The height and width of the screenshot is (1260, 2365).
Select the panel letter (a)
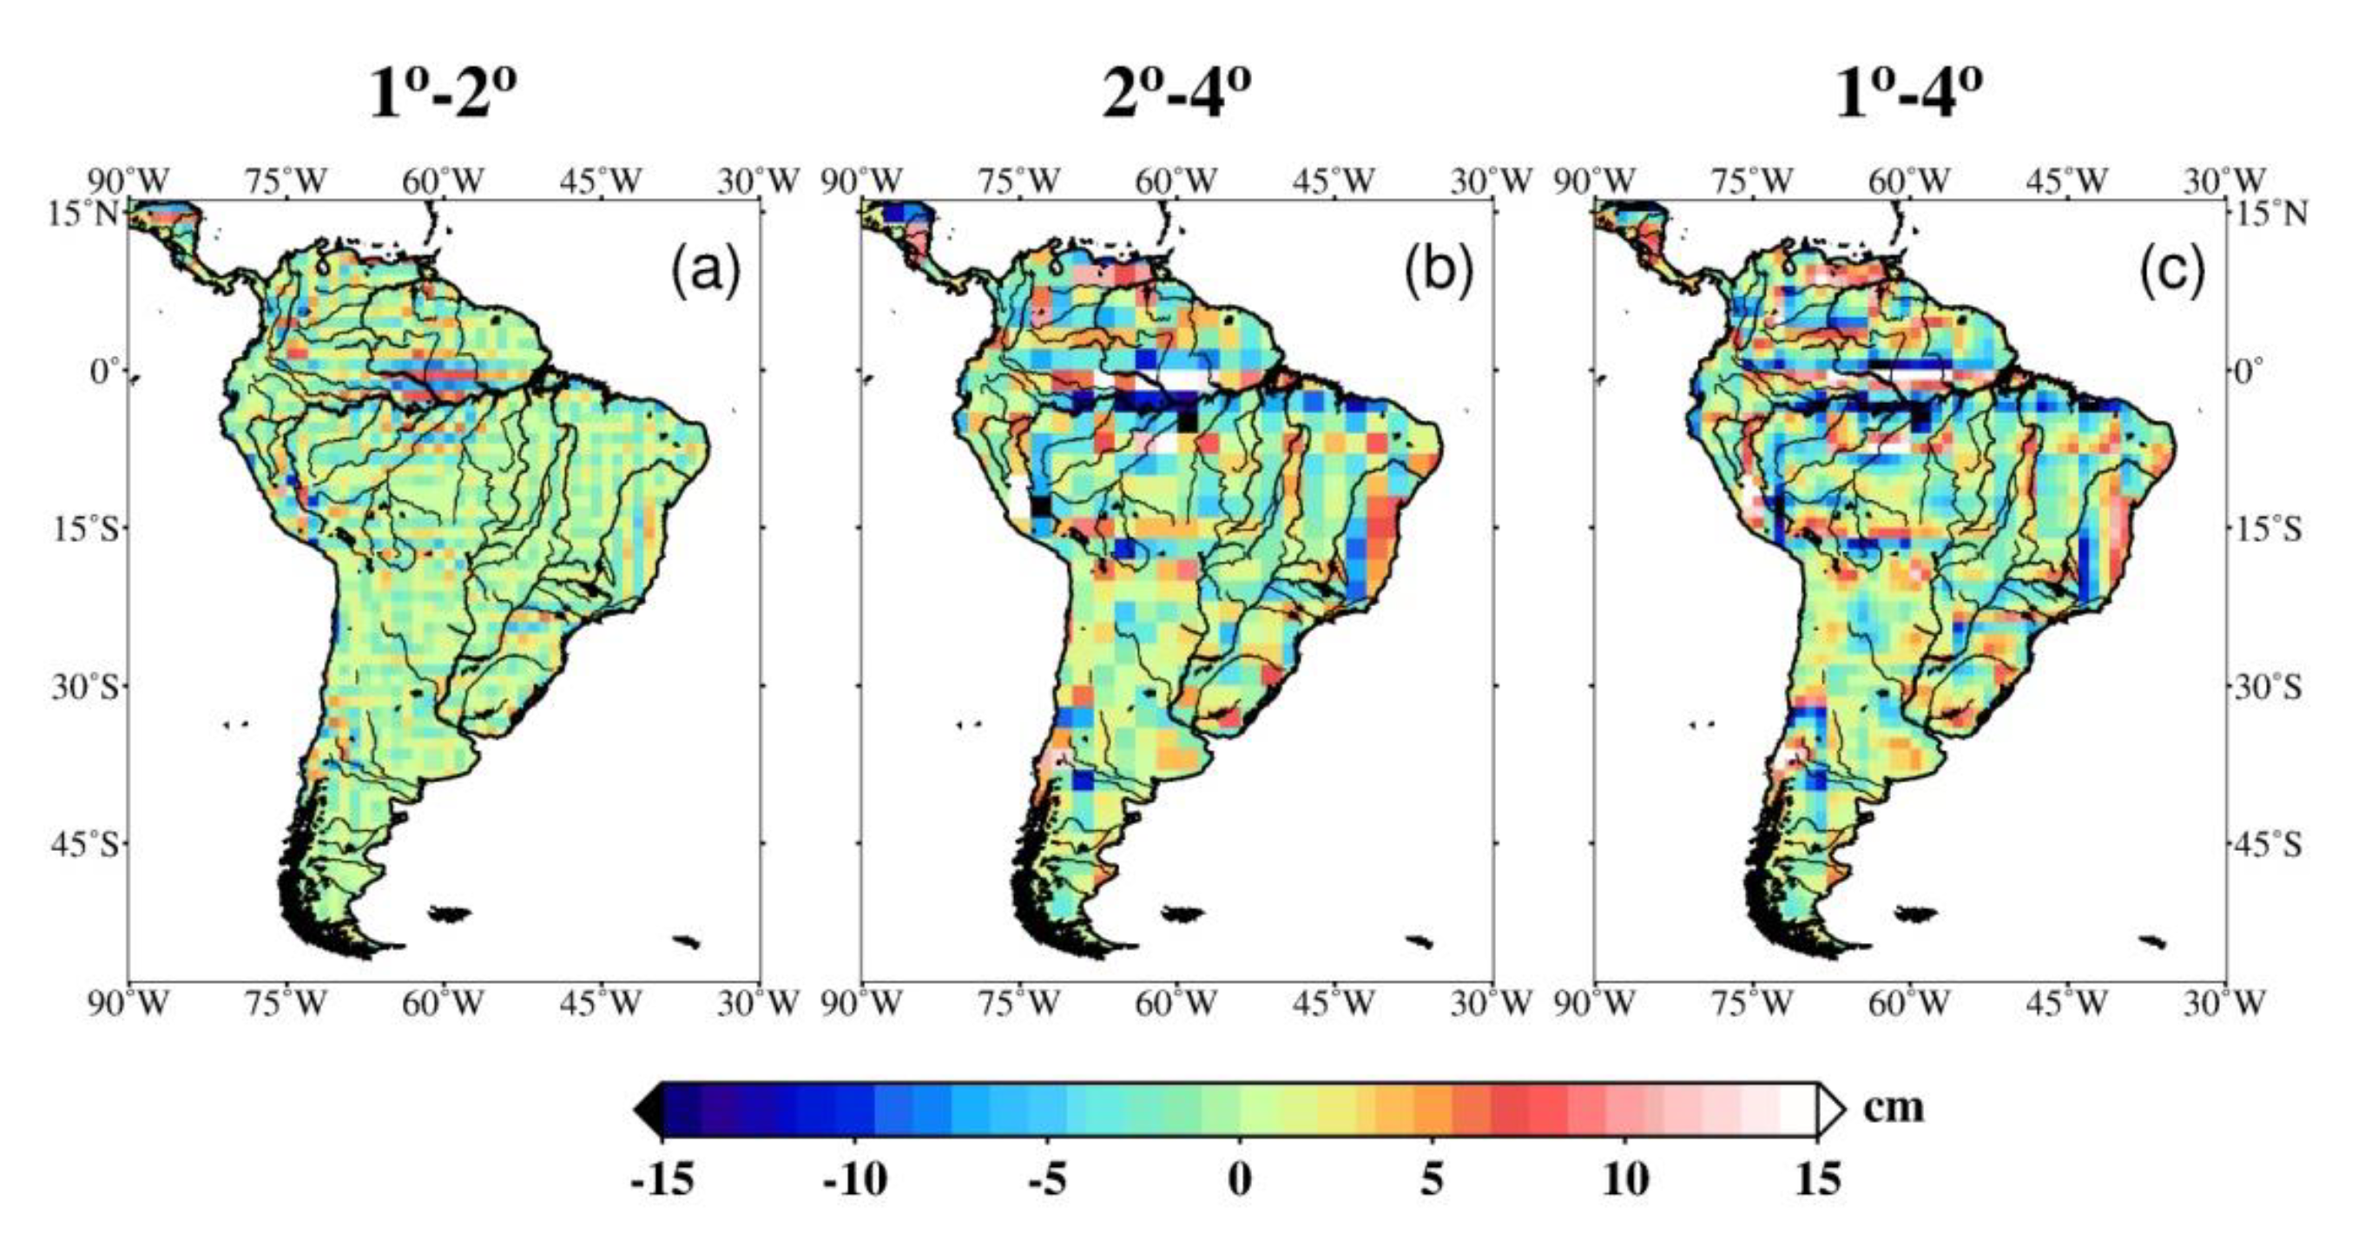click(705, 272)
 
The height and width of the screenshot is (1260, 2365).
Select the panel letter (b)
click(1439, 272)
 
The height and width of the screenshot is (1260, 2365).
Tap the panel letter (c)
click(2172, 272)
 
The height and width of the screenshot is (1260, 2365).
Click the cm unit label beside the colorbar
click(1893, 1106)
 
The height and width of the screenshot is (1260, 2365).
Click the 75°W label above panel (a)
click(286, 181)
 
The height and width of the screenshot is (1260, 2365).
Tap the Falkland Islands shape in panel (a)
click(450, 913)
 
